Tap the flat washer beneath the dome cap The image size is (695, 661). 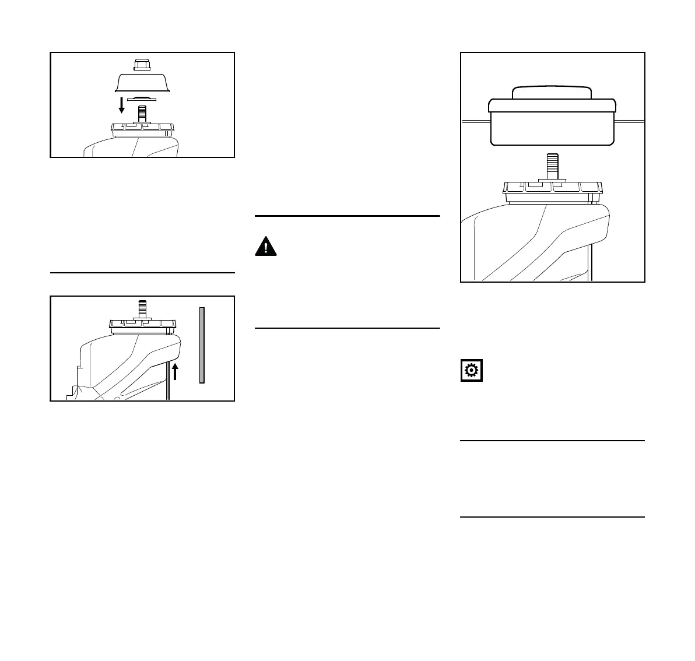142,98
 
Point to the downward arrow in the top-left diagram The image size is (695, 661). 121,105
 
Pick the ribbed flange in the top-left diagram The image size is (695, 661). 142,128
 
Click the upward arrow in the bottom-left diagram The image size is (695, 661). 174,370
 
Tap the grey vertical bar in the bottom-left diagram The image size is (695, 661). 202,344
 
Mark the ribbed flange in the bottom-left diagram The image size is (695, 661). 142,325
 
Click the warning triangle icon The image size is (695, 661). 266,247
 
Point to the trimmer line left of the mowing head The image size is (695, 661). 474,121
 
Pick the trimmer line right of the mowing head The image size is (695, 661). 630,121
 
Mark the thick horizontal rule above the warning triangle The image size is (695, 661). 347,216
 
